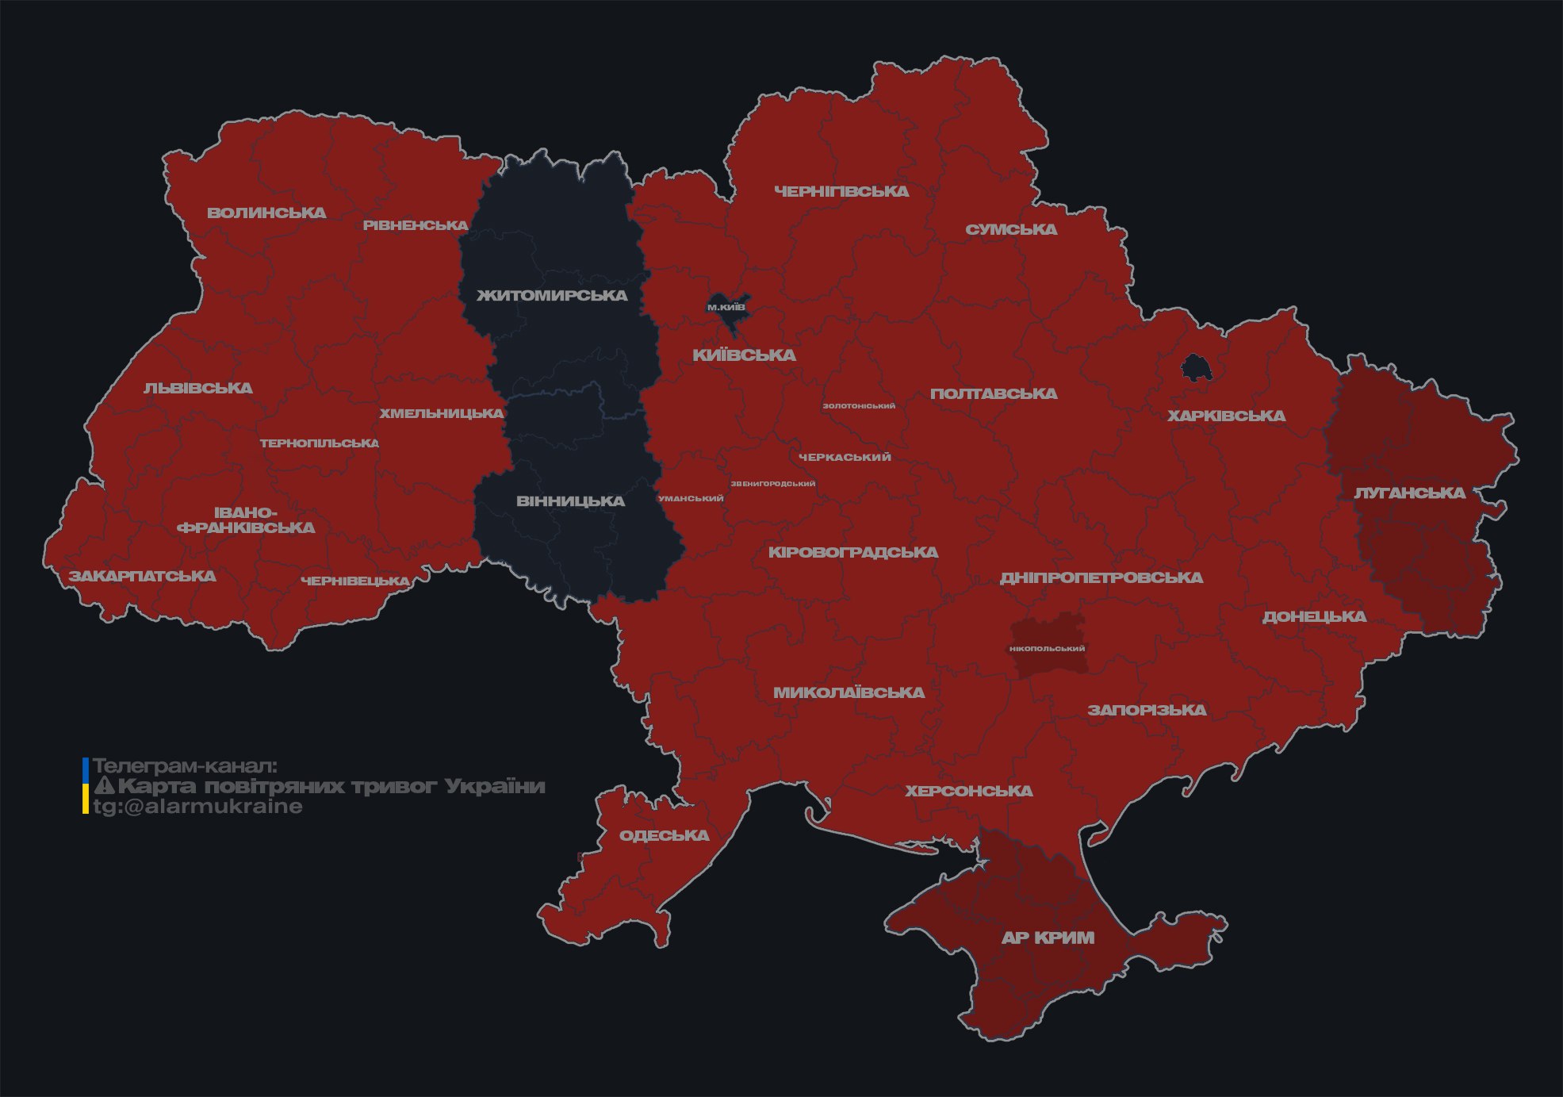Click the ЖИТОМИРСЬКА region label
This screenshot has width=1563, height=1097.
552,296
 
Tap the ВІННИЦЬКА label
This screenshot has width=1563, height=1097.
570,501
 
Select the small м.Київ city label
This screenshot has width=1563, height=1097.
726,307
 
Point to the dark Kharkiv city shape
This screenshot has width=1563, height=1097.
1195,368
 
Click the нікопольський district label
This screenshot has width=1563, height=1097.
1047,649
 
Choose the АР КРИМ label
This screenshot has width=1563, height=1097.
1048,938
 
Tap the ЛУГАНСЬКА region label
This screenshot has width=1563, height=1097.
1409,493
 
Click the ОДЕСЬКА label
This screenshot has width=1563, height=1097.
664,835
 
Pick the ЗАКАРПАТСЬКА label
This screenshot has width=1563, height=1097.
142,576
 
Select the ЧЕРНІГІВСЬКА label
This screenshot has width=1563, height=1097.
841,191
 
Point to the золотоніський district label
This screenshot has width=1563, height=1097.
859,406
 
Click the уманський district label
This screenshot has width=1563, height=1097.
691,499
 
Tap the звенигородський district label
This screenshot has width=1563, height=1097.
772,484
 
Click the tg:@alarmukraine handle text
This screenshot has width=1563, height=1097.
197,807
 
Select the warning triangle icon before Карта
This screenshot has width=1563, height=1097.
105,786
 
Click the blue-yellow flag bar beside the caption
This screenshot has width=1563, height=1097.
86,786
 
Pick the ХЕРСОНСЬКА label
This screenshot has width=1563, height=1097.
969,791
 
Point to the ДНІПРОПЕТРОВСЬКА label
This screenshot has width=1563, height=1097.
1101,577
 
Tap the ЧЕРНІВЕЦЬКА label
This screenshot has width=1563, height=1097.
355,581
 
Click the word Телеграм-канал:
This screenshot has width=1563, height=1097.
185,766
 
